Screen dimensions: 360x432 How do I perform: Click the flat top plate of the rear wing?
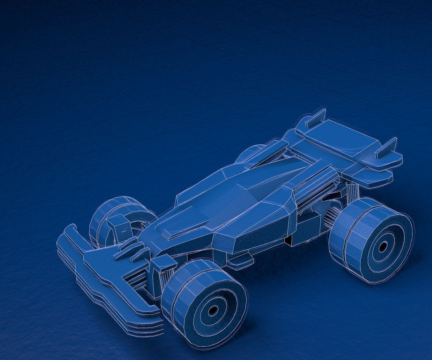[x=337, y=137]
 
